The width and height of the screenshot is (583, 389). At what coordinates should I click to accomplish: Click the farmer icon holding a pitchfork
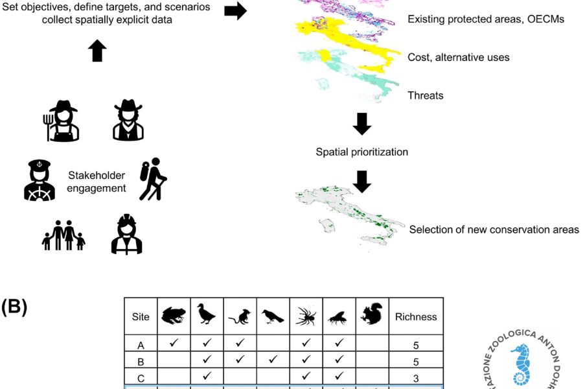[x=62, y=121]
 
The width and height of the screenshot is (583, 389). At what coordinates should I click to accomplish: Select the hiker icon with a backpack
[x=153, y=179]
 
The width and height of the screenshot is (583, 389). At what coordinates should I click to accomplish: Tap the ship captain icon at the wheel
[x=40, y=180]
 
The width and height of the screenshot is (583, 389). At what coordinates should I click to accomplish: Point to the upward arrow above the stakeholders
[x=97, y=51]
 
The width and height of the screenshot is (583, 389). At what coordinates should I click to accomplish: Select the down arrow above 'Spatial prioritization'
[x=362, y=124]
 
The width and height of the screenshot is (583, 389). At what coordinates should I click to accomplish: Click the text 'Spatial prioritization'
[x=361, y=152]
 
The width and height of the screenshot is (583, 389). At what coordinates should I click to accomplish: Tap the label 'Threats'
[x=426, y=95]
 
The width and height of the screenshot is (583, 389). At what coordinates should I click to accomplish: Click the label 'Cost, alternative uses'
[x=458, y=57]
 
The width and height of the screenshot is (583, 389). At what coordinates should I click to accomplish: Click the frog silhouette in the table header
[x=174, y=315]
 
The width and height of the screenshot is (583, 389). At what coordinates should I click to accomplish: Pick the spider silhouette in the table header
[x=306, y=316]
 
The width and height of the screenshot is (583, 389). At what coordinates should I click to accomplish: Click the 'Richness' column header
[x=416, y=317]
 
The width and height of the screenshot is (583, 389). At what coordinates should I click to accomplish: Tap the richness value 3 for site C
[x=416, y=378]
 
